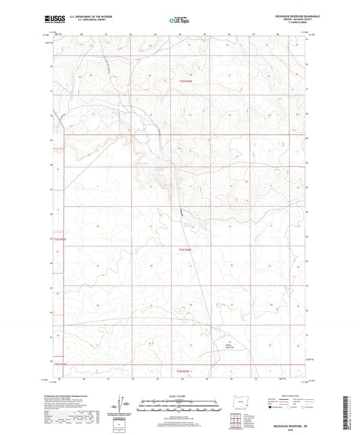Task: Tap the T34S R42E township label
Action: point(184,372)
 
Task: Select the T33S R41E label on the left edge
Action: point(60,239)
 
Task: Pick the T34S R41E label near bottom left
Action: point(60,363)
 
